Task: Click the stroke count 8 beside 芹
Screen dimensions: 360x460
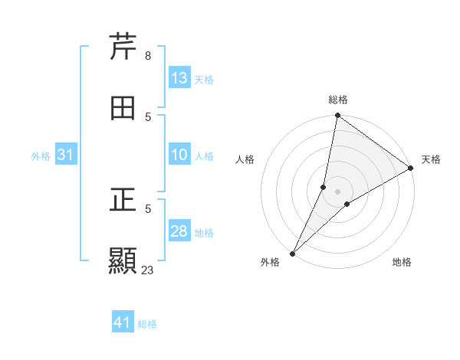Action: (147, 56)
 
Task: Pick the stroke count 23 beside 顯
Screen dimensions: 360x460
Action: (148, 270)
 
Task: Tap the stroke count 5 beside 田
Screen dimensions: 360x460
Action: (147, 116)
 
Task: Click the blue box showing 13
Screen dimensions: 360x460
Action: (179, 78)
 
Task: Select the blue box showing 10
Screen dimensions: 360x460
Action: (179, 155)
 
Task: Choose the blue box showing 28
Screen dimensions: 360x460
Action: (179, 232)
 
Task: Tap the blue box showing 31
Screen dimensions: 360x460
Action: (66, 155)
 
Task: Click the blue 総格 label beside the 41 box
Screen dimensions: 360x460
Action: (147, 324)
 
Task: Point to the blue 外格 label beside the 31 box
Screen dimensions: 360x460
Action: (41, 156)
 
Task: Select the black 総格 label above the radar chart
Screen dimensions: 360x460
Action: (338, 100)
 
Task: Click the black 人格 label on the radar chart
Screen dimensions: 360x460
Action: (245, 159)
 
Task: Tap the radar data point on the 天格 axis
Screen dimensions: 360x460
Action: (411, 169)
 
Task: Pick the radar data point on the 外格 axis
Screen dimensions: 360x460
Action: (292, 253)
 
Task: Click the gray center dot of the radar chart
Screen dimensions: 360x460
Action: (337, 191)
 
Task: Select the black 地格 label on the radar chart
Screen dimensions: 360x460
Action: (402, 262)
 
